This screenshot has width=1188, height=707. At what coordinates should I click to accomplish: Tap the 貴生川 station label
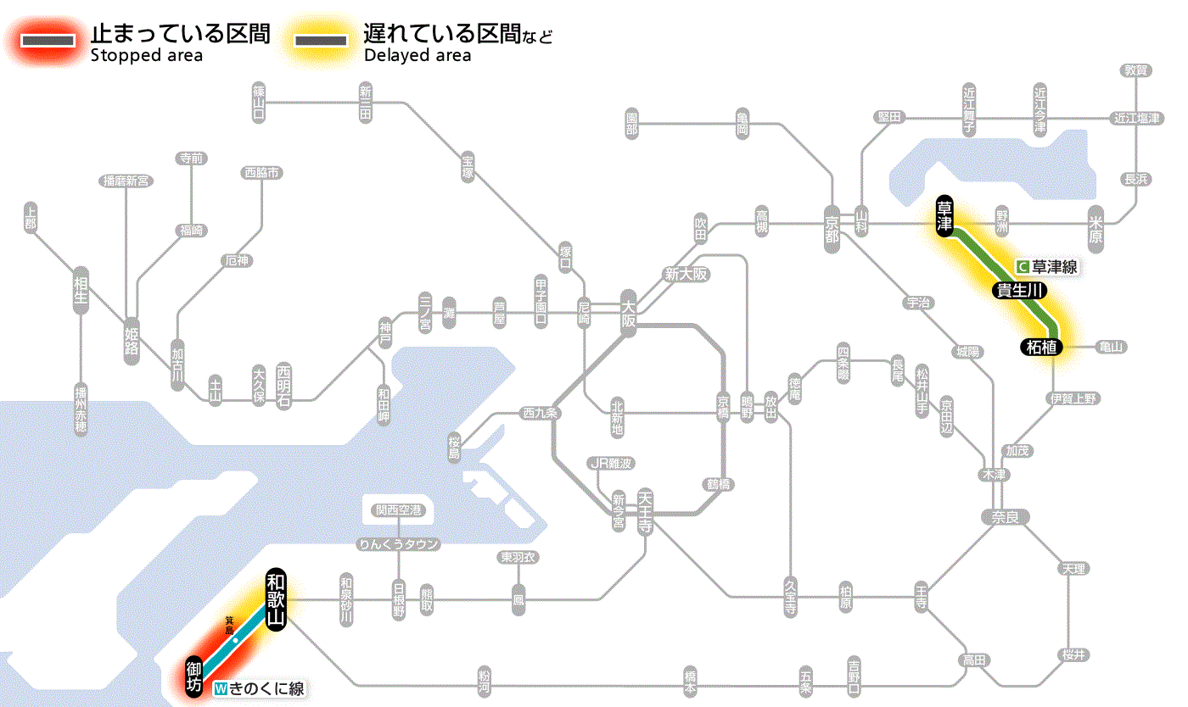(x=1020, y=291)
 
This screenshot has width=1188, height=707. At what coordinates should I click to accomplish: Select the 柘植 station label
(x=1039, y=346)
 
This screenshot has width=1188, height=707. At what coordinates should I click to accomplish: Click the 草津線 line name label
(x=1051, y=266)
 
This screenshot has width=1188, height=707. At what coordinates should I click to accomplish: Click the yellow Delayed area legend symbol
(x=320, y=40)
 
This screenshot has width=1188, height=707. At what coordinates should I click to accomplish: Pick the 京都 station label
(x=832, y=225)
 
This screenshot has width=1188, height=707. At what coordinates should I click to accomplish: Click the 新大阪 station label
(x=686, y=275)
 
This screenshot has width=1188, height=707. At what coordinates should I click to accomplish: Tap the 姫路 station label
(x=132, y=340)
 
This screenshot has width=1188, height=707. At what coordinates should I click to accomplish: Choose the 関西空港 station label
(x=403, y=510)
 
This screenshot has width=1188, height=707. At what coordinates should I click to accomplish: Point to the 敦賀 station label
(x=1135, y=70)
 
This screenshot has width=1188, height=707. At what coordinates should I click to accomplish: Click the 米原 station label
(x=1095, y=227)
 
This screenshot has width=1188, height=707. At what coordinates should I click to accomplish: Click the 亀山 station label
(x=1112, y=347)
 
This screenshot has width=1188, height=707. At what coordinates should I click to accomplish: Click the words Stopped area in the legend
(x=146, y=56)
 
